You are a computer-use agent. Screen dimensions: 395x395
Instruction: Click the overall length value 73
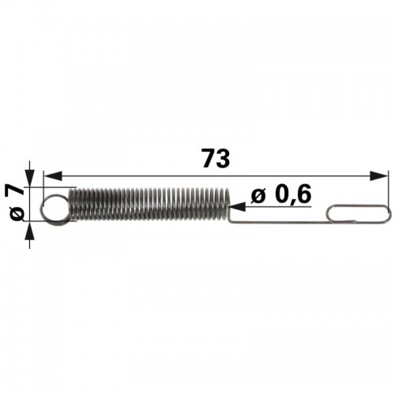pyautogui.click(x=216, y=158)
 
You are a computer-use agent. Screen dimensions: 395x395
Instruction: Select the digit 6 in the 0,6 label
pyautogui.click(x=304, y=195)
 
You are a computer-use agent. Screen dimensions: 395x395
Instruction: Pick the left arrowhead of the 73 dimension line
pyautogui.click(x=53, y=175)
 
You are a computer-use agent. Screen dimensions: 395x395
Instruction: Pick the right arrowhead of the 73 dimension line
pyautogui.click(x=378, y=175)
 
